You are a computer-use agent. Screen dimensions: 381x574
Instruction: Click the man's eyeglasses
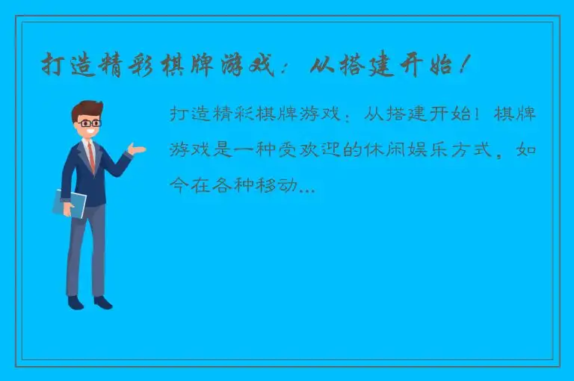[x=89, y=123]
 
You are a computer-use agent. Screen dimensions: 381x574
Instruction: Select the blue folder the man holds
[x=70, y=202]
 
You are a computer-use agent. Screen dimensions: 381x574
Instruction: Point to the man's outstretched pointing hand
[x=137, y=149]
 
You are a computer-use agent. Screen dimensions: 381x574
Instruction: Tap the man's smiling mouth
[x=91, y=133]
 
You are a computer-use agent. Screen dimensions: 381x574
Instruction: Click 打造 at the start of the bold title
[x=65, y=66]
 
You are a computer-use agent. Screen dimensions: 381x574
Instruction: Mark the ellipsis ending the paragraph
[x=306, y=189]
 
